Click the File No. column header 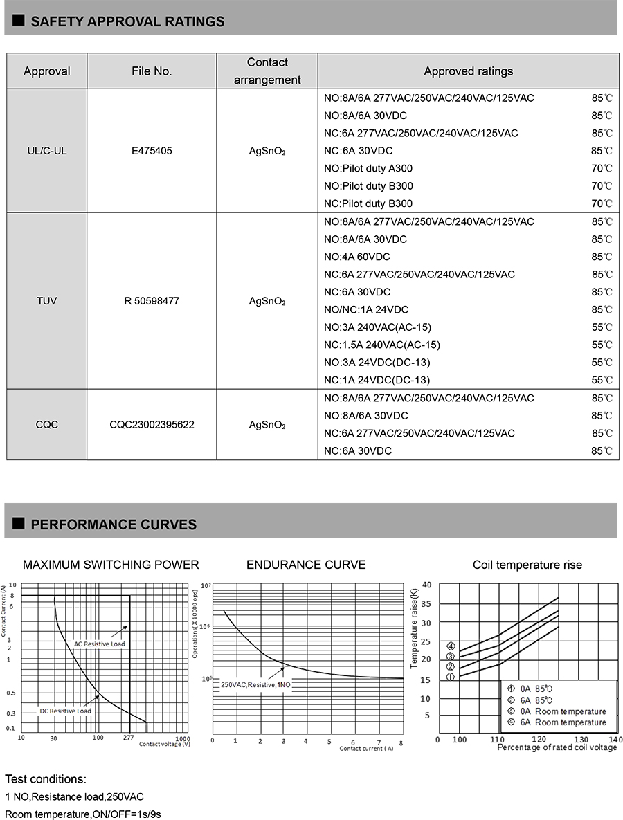pos(152,71)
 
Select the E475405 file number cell pos(152,151)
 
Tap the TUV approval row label pos(46,301)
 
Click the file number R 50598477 pos(152,301)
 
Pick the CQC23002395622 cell pos(152,424)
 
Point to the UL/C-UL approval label pos(46,151)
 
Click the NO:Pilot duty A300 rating pos(368,168)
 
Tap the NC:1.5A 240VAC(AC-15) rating pos(381,345)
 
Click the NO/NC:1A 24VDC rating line pos(366,309)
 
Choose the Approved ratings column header pos(468,71)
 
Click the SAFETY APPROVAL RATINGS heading pos(127,21)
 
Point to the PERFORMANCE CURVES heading pos(114,525)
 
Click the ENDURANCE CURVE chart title pos(306,565)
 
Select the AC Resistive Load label pos(100,644)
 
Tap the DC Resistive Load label pos(65,711)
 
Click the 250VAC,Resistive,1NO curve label pos(257,684)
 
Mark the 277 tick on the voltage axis pos(128,738)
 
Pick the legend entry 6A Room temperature pos(563,722)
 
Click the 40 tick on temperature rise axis pos(426,585)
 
